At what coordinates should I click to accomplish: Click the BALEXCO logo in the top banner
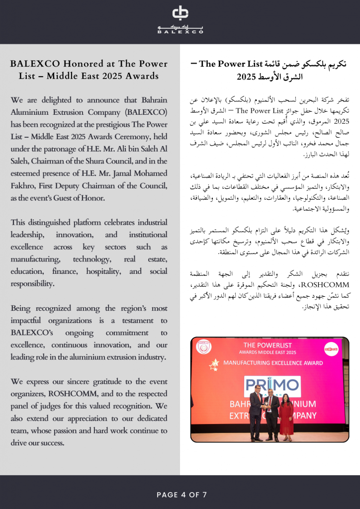pyautogui.click(x=180, y=19)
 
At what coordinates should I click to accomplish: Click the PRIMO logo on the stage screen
pyautogui.click(x=272, y=386)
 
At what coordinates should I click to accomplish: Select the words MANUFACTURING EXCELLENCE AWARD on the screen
pyautogui.click(x=272, y=363)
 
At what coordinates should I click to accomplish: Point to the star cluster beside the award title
pyautogui.click(x=214, y=364)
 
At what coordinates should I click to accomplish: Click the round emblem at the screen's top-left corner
pyautogui.click(x=203, y=346)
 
